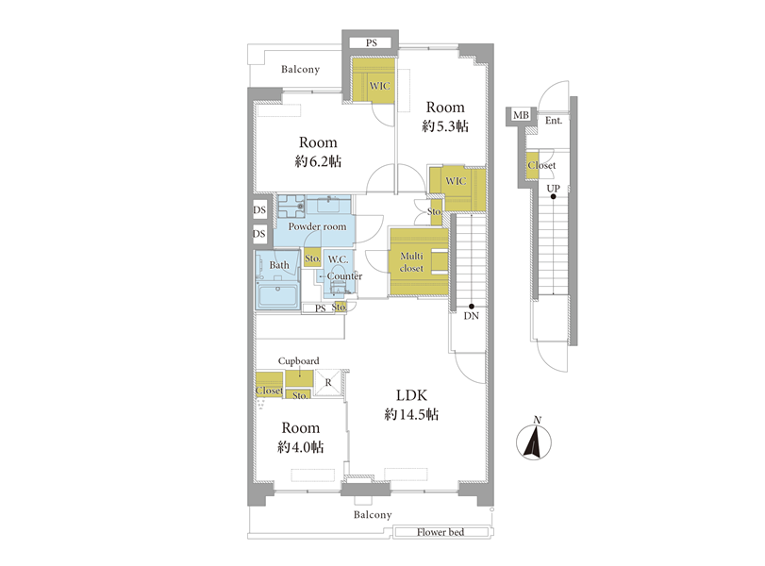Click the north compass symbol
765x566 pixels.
pos(534,440)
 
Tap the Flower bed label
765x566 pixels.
pos(441,532)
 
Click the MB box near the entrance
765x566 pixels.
pos(521,115)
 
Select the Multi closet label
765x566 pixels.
pos(411,262)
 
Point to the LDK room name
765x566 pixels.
pos(411,394)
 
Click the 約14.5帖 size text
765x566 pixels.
pos(411,415)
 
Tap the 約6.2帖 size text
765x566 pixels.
pos(318,161)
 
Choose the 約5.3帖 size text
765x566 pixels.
pos(445,126)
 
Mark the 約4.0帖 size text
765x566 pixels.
pos(300,447)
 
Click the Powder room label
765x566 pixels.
pos(317,226)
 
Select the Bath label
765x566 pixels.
pos(279,265)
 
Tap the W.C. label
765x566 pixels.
pos(338,259)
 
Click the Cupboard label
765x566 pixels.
pos(299,361)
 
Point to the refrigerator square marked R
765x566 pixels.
pos(328,383)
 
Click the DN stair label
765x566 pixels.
pos(471,316)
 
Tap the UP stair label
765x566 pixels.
pos(553,189)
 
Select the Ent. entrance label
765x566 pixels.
pos(554,120)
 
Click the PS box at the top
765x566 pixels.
pos(371,43)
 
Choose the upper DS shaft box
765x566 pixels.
pos(259,209)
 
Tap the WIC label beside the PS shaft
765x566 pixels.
pos(379,87)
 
